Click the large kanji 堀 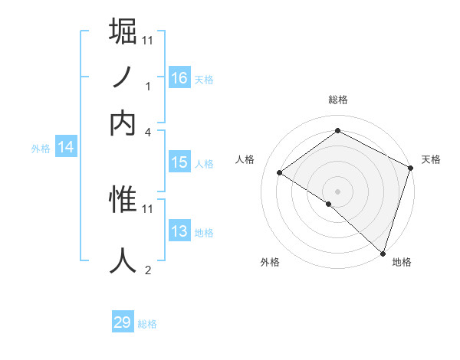pos(123,31)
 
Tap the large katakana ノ pos(123,77)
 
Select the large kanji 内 pos(123,123)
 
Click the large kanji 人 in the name pos(123,260)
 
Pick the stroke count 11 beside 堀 pos(148,40)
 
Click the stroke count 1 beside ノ pos(148,86)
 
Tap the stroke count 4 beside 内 pos(148,132)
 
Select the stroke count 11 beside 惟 pos(148,208)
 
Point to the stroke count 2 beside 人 pos(148,270)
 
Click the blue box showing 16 pos(179,77)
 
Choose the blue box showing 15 pos(179,162)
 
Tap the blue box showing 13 pos(179,231)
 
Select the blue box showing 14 pos(66,148)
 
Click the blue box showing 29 pos(123,322)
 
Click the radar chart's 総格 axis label pos(337,100)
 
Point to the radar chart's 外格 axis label pos(270,262)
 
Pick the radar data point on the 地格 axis pos(383,252)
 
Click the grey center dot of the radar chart pos(337,190)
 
